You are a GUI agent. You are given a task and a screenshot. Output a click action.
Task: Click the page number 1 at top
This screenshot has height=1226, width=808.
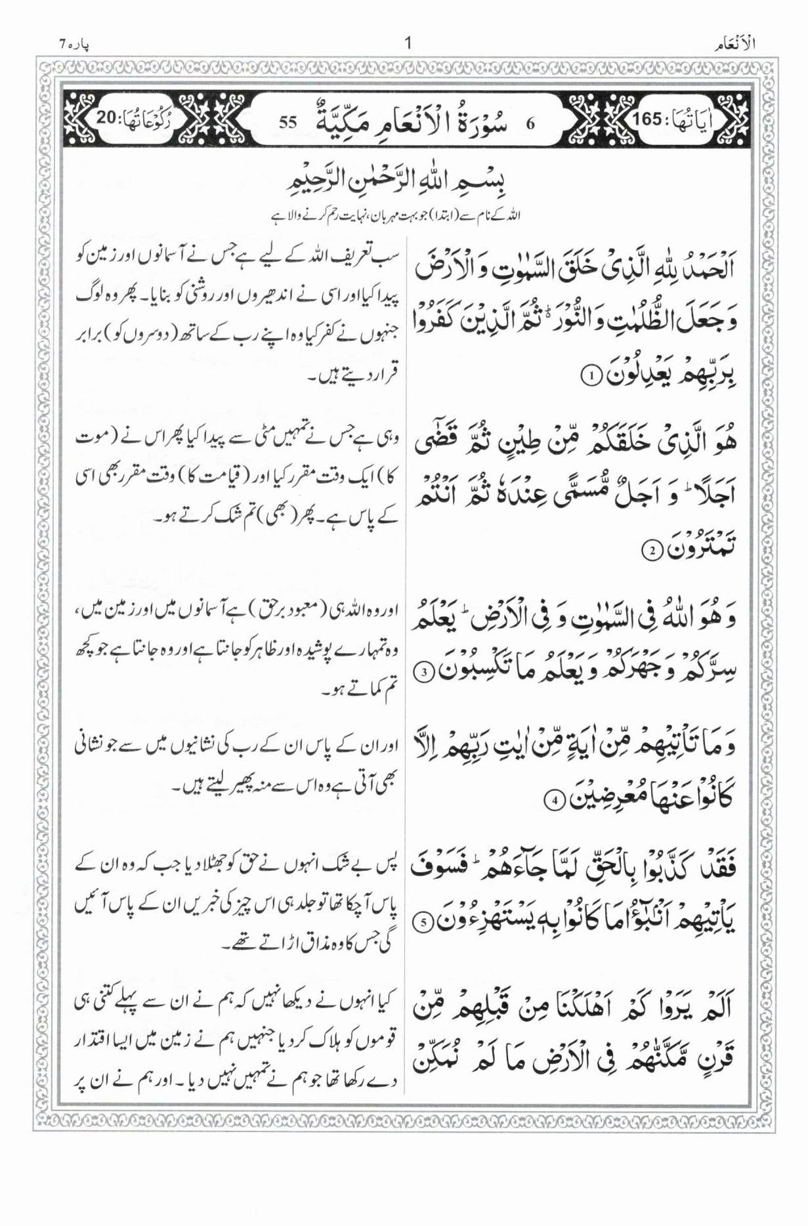[408, 44]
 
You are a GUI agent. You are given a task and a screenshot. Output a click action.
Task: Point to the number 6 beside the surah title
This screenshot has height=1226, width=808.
[531, 123]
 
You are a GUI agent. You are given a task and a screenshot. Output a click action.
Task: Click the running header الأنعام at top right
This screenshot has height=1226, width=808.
[733, 45]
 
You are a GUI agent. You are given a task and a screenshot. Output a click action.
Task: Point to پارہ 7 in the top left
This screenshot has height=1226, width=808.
[75, 45]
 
